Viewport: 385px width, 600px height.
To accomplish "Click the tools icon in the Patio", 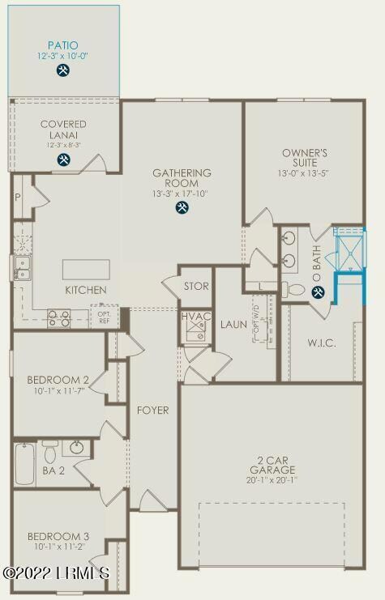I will (63, 70).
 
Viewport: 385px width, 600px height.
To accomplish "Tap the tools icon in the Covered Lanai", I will (63, 160).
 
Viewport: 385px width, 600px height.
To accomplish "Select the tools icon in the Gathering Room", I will (182, 208).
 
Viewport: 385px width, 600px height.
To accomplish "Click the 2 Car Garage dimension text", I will (272, 479).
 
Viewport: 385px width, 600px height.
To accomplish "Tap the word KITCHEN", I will (86, 290).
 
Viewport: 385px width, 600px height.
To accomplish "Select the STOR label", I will (196, 287).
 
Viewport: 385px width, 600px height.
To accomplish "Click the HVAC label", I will (196, 316).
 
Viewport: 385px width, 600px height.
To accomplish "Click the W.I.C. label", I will (322, 343).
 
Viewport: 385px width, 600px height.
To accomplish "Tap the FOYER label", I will (152, 411).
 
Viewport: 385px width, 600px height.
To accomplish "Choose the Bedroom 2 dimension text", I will (58, 390).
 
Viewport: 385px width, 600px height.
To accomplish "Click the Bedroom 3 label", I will (58, 536).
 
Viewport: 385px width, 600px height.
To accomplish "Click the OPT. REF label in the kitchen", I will (104, 317).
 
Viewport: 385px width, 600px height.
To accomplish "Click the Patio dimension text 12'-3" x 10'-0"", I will (63, 55).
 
